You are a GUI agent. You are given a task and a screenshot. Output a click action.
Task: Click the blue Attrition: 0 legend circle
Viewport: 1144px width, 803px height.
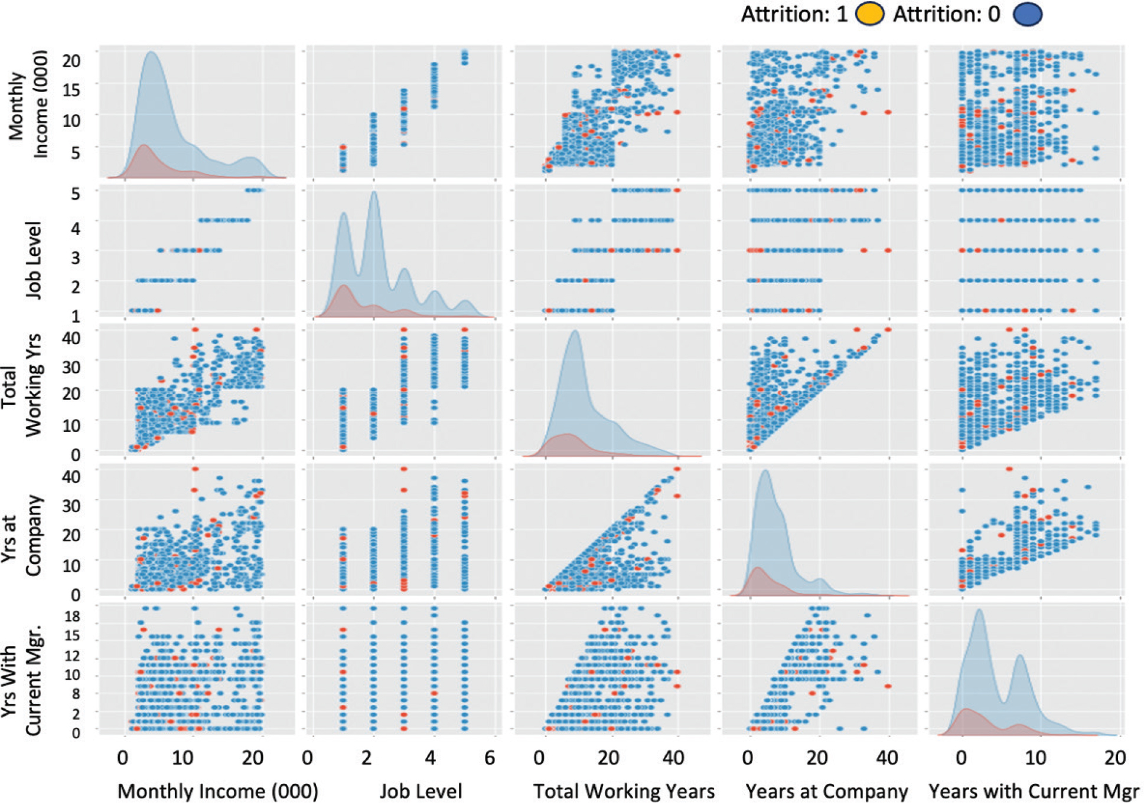point(1027,14)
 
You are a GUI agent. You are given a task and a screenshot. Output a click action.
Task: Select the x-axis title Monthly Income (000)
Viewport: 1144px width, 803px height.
point(217,791)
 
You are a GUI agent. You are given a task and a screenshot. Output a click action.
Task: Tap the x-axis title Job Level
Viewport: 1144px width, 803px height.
point(421,791)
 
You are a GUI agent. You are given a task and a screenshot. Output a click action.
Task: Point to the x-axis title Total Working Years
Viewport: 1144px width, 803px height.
point(624,791)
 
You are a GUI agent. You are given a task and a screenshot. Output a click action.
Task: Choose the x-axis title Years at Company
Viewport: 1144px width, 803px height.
point(826,791)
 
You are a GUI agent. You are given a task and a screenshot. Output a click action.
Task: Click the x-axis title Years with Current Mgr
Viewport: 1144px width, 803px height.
point(1034,791)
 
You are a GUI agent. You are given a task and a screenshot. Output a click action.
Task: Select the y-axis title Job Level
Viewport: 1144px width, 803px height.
point(34,260)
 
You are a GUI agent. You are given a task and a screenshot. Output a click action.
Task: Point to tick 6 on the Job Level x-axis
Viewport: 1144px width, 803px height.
point(490,758)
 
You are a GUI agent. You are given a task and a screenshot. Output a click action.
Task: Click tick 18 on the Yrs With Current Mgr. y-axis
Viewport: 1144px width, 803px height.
point(73,617)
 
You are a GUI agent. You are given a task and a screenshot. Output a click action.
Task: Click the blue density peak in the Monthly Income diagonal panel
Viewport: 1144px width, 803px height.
point(152,53)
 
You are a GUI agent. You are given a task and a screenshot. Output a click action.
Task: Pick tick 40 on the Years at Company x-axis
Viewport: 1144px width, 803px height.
point(888,758)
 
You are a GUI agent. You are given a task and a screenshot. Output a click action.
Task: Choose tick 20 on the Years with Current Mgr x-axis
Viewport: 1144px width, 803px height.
point(1115,758)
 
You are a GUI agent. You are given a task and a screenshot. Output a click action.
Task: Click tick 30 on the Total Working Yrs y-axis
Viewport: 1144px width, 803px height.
point(71,367)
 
